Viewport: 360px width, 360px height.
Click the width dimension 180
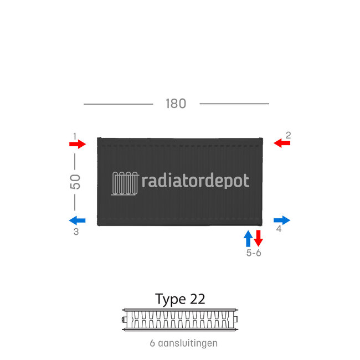[175, 104]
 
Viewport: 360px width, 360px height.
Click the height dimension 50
[75, 182]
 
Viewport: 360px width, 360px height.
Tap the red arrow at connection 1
[78, 144]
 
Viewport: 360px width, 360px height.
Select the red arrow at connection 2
[282, 143]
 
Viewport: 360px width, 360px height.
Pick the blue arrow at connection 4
[281, 220]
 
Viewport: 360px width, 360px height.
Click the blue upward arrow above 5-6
[249, 238]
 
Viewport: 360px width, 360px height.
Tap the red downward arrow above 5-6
[258, 238]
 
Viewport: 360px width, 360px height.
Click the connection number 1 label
[74, 135]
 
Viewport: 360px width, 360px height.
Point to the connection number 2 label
[288, 135]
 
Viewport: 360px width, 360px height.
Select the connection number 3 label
[76, 232]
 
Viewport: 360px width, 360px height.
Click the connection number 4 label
[279, 229]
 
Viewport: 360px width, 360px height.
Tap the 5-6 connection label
[254, 253]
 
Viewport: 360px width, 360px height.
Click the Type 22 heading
[180, 299]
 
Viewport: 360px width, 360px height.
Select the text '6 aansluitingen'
[183, 343]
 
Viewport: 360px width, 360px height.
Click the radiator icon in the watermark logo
[125, 182]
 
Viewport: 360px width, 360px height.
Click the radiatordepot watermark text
[196, 181]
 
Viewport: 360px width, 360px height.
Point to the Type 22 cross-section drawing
[180, 320]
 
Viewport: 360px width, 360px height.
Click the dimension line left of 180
[118, 104]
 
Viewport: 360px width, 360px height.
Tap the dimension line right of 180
[234, 104]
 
